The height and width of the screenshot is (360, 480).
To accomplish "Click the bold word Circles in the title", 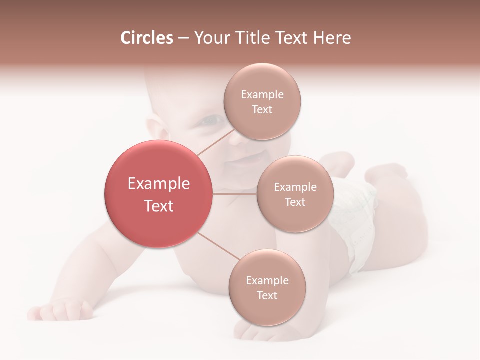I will (146, 38).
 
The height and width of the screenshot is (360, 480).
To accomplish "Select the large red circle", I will (158, 194).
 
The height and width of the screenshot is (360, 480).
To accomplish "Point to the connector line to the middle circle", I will (234, 194).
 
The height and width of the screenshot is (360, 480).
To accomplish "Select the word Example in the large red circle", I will (158, 184).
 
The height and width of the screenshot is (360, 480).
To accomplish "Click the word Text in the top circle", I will (262, 109).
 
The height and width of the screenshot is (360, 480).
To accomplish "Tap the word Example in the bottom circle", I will (267, 280).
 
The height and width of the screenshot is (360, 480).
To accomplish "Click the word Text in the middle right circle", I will (295, 202).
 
